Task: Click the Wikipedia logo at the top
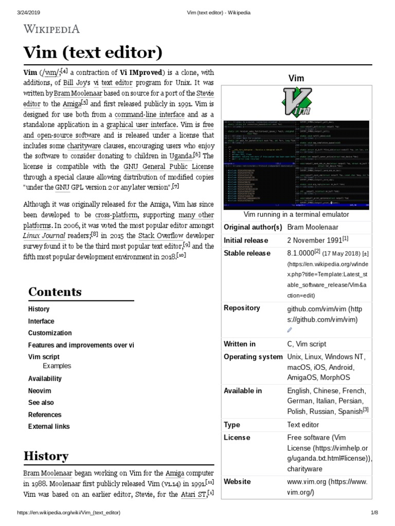tap(50, 29)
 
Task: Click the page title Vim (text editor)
tap(93, 52)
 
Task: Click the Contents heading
tap(55, 292)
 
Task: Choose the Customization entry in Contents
tap(50, 333)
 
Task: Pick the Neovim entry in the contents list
tap(40, 391)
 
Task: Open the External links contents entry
tap(49, 426)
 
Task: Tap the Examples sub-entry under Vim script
tap(57, 366)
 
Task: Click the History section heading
tap(46, 456)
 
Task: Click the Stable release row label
tap(247, 253)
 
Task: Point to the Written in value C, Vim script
tap(307, 344)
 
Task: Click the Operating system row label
tap(253, 356)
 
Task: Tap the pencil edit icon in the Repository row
tap(290, 330)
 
